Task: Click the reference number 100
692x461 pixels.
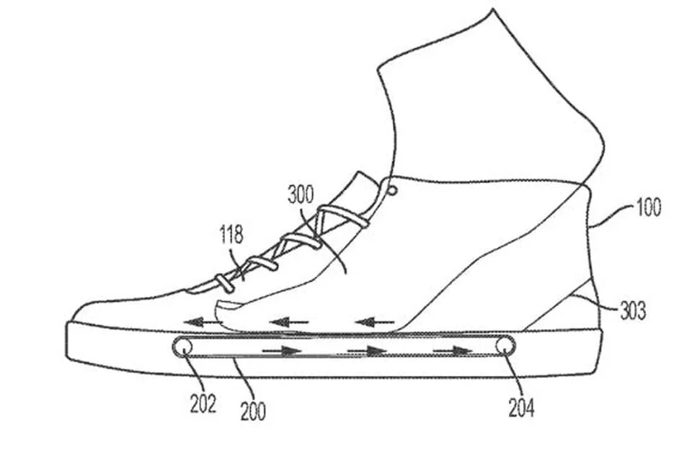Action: [647, 209]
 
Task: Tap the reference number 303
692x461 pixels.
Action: [632, 311]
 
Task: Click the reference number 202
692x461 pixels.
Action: [203, 403]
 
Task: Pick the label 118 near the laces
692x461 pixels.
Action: [232, 236]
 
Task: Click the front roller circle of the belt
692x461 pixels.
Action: [183, 346]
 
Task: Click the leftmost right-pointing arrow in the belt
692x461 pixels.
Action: [282, 351]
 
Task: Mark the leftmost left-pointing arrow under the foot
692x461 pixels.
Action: [203, 321]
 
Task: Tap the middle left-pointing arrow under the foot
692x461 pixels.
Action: [288, 321]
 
